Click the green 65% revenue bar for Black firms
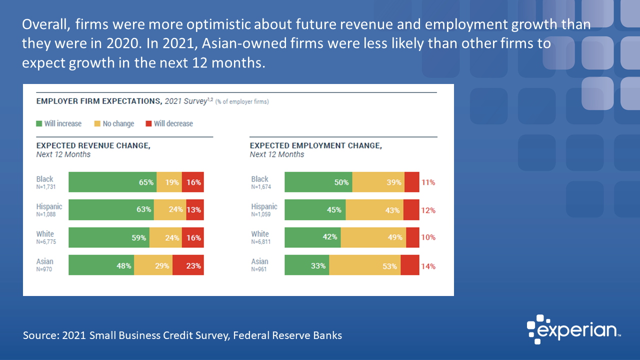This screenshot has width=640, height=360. [112, 182]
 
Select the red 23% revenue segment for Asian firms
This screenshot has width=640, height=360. [188, 265]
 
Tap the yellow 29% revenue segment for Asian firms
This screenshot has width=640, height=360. [153, 265]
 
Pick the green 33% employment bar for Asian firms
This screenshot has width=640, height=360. [306, 265]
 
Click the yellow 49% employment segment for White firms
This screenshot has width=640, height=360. [373, 237]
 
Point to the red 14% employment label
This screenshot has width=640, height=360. [428, 266]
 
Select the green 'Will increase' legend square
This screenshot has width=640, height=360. [39, 123]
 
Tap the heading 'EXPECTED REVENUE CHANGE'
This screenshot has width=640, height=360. [93, 145]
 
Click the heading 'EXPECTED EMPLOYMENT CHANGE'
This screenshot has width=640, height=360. [315, 145]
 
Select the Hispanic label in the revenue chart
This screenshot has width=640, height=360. [49, 206]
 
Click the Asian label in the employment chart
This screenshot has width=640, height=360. [259, 261]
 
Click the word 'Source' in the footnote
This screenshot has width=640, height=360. [39, 335]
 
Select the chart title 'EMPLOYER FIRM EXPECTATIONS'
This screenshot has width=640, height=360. [98, 101]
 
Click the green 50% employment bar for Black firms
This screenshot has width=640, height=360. [318, 182]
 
